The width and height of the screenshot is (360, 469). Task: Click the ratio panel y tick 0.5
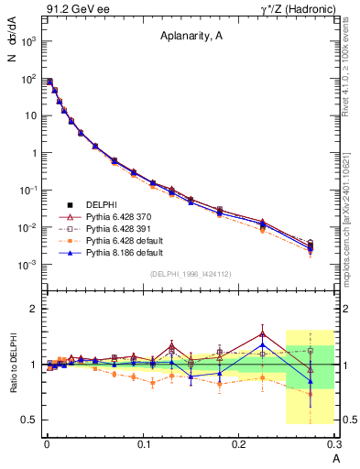pos(30,420)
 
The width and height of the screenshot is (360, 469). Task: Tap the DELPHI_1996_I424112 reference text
pos(191,274)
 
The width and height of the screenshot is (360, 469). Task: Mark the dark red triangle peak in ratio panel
pos(262,333)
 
